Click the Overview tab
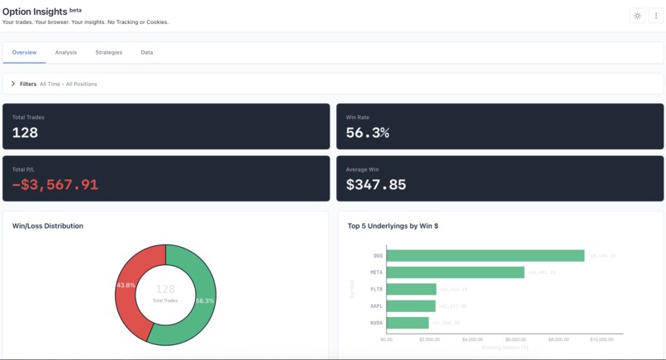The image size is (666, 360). point(24,52)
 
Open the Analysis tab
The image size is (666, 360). point(66,52)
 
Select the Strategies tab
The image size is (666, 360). point(108,52)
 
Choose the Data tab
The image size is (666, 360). point(146,52)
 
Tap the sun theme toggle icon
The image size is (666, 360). point(637,16)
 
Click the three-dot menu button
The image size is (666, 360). point(656,16)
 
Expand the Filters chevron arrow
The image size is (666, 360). point(13,83)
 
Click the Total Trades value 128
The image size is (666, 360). point(25,132)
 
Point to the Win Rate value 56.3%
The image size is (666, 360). point(368,132)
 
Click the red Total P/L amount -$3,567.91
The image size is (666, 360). point(55,185)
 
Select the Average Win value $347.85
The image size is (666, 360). point(376,185)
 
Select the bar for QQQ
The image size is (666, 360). point(485,256)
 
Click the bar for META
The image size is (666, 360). point(455,272)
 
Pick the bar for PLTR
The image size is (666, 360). point(411,289)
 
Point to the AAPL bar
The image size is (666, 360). point(411,306)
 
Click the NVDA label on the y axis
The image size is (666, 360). point(377,323)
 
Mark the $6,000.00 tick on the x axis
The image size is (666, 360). point(515,339)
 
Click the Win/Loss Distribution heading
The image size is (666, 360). point(48,225)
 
